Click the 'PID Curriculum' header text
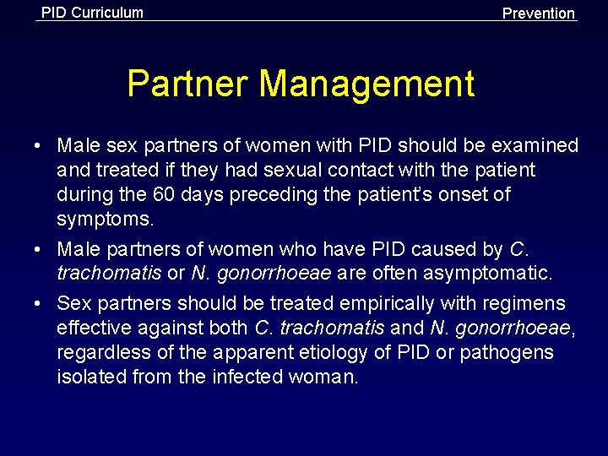(92, 13)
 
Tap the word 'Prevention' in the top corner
(539, 14)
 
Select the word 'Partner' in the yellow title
(187, 84)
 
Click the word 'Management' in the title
(367, 84)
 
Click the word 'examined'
(538, 146)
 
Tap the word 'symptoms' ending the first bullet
(104, 220)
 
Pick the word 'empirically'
(375, 303)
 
